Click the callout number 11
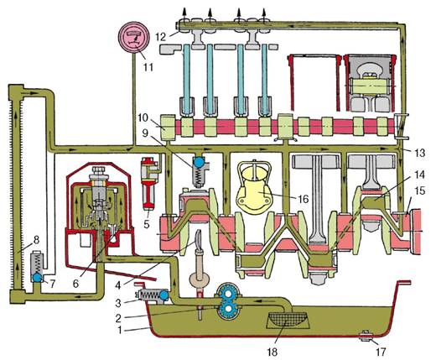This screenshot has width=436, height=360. [x=148, y=67]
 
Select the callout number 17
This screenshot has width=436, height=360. [x=381, y=351]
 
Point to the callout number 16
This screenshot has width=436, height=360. [x=303, y=199]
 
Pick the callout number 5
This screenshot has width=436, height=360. [x=147, y=224]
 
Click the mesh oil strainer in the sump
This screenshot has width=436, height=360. [x=287, y=321]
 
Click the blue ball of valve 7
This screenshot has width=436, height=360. [x=37, y=277]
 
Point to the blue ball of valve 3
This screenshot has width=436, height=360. [x=163, y=295]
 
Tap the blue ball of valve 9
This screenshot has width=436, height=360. [x=199, y=163]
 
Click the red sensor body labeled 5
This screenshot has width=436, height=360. [x=148, y=183]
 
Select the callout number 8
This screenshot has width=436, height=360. [x=36, y=240]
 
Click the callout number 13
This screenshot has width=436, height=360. [x=420, y=153]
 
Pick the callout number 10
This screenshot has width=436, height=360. [x=143, y=117]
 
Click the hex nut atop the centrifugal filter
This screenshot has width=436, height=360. [x=98, y=170]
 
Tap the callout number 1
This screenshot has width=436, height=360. [x=120, y=331]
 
